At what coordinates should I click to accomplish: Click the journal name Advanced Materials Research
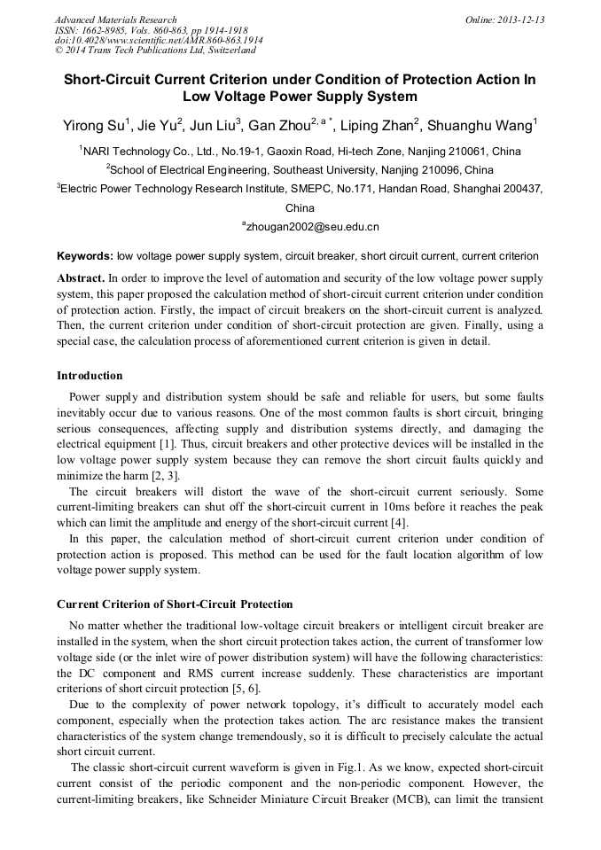click(116, 19)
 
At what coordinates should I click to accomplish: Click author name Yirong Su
click(94, 124)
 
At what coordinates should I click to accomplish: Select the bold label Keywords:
click(85, 256)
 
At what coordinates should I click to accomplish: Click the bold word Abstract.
click(81, 278)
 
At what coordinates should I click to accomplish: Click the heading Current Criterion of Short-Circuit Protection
click(175, 604)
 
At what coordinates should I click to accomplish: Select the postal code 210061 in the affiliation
click(460, 152)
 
